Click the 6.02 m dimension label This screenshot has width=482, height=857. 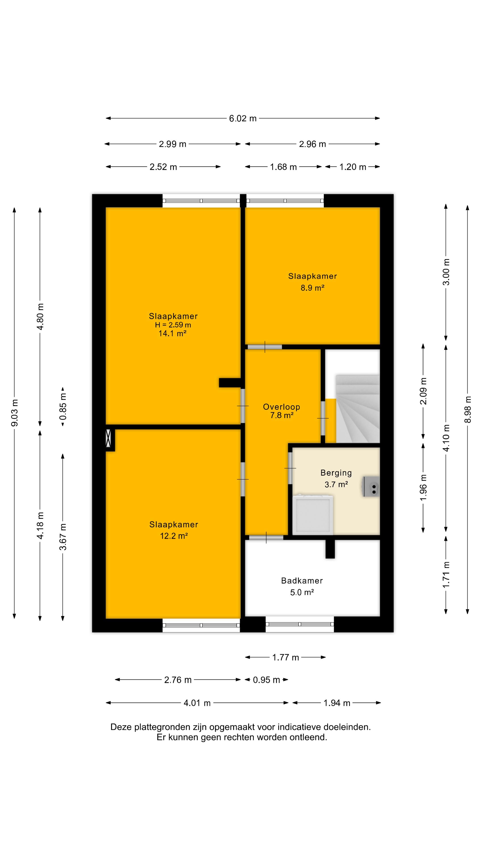point(243,119)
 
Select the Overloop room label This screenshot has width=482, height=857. point(281,407)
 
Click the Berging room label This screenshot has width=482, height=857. point(336,473)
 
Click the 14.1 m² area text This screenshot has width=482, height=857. point(172,333)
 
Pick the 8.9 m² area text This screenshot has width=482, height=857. point(312,288)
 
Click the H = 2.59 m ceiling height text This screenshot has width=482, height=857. point(173,325)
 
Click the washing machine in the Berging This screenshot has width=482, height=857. point(313,514)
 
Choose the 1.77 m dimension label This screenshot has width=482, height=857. point(285,657)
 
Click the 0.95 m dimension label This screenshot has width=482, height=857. point(266,680)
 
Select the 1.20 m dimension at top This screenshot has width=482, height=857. point(353,167)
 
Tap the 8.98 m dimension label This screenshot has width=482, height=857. point(468,409)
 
